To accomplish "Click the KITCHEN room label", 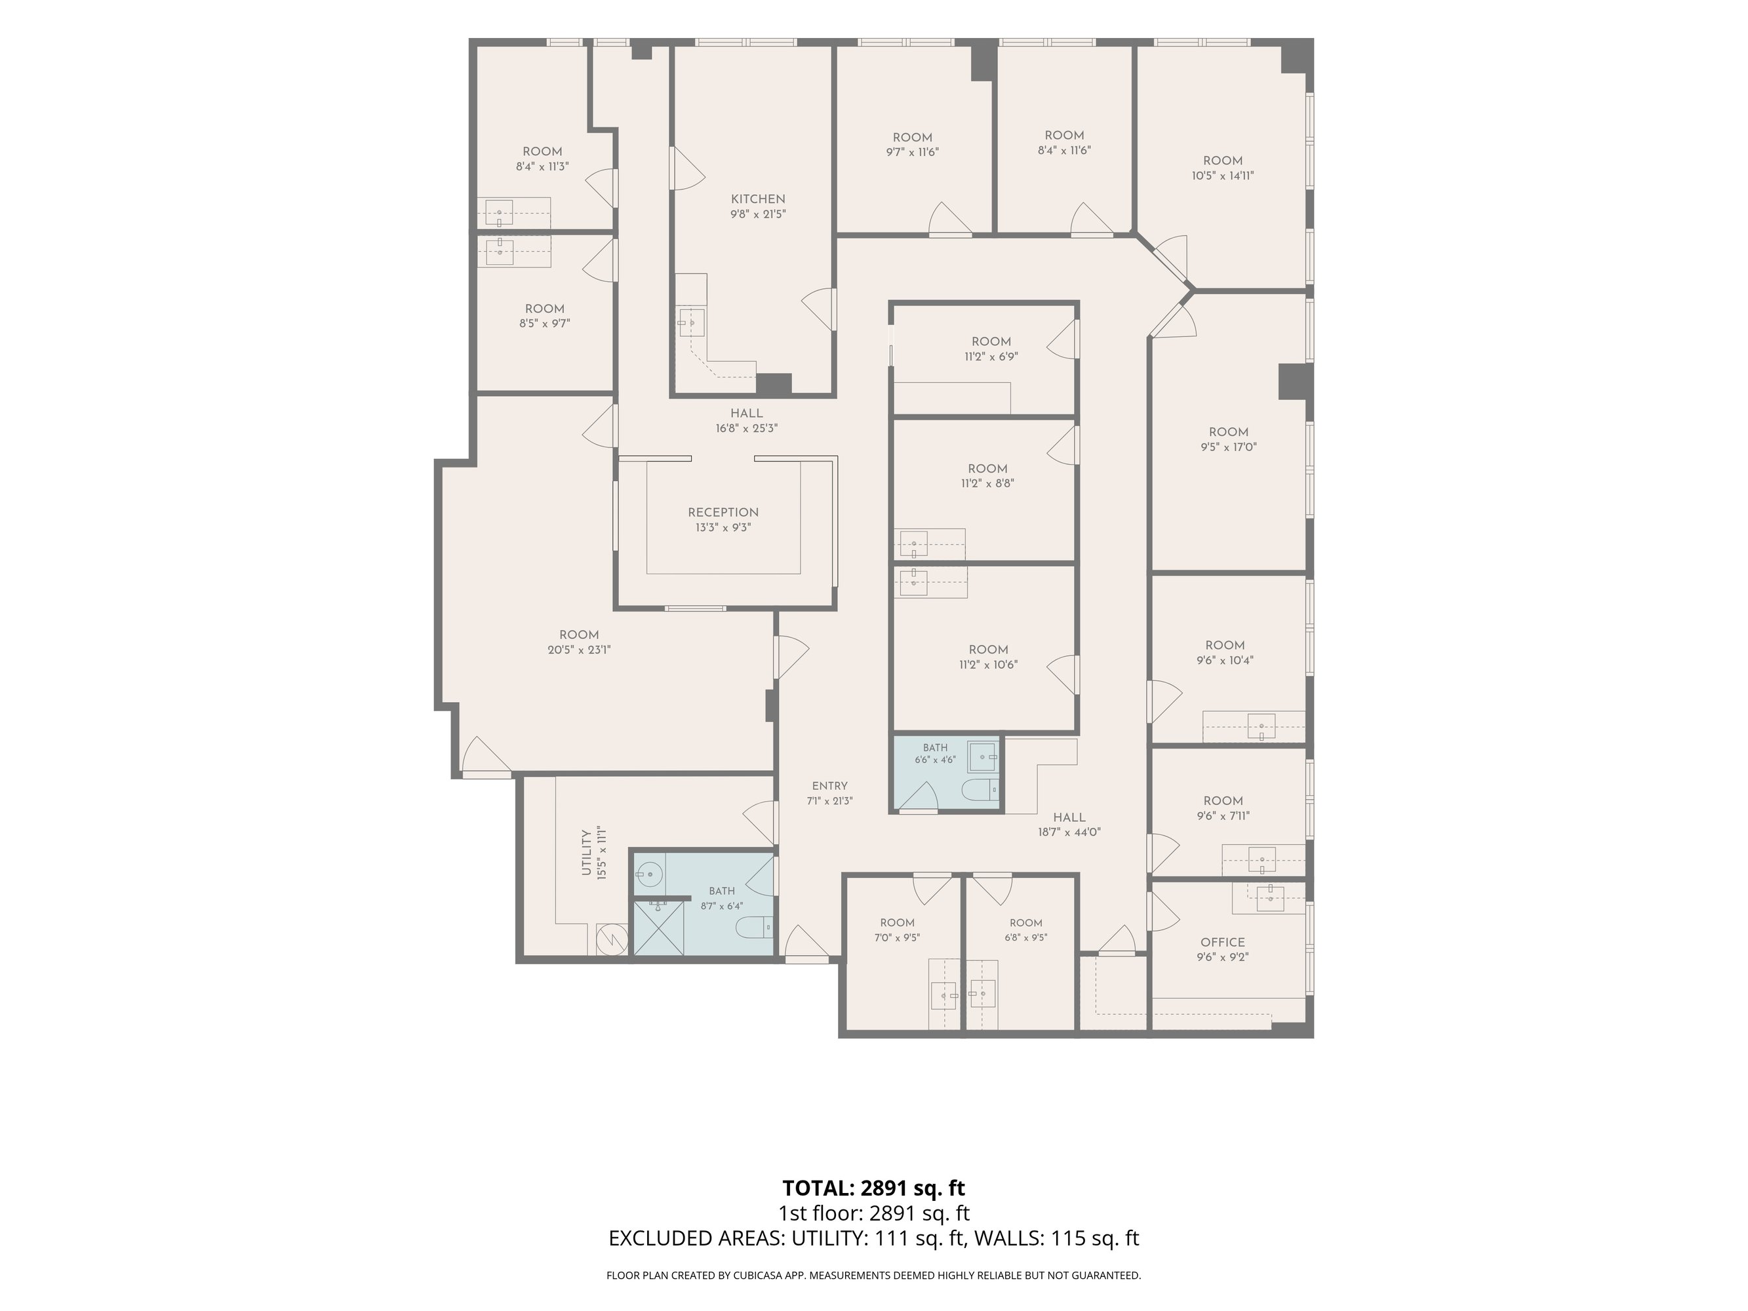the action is point(758,199).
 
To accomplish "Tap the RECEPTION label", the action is point(723,512).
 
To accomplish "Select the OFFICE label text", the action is point(1223,942).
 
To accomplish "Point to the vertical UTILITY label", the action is point(586,853).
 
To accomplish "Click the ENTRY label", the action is point(830,785).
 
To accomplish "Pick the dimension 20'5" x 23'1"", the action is point(579,650).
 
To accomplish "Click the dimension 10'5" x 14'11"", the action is point(1223,176).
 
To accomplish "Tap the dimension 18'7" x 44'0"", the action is point(1069,832).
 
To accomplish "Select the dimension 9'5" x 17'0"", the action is point(1228,447).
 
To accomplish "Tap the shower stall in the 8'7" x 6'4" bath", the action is point(659,929).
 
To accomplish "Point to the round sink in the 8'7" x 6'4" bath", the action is point(650,873).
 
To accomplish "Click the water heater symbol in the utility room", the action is point(612,939).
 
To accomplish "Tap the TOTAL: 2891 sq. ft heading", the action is point(874,1188).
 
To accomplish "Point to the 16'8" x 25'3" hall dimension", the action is point(747,428).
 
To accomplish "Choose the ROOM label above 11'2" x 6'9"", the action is point(991,342).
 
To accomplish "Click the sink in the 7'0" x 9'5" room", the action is point(944,995).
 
